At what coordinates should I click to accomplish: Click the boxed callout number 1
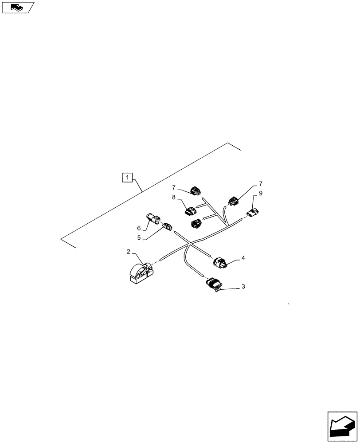click(127, 178)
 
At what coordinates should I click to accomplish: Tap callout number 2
click(128, 252)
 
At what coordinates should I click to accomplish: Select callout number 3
click(243, 287)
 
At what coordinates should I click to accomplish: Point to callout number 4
click(243, 258)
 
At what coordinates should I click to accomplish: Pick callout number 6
click(139, 228)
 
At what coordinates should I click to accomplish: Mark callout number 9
click(261, 193)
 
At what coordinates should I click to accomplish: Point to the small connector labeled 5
click(167, 226)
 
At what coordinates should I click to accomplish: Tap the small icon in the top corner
click(17, 7)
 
